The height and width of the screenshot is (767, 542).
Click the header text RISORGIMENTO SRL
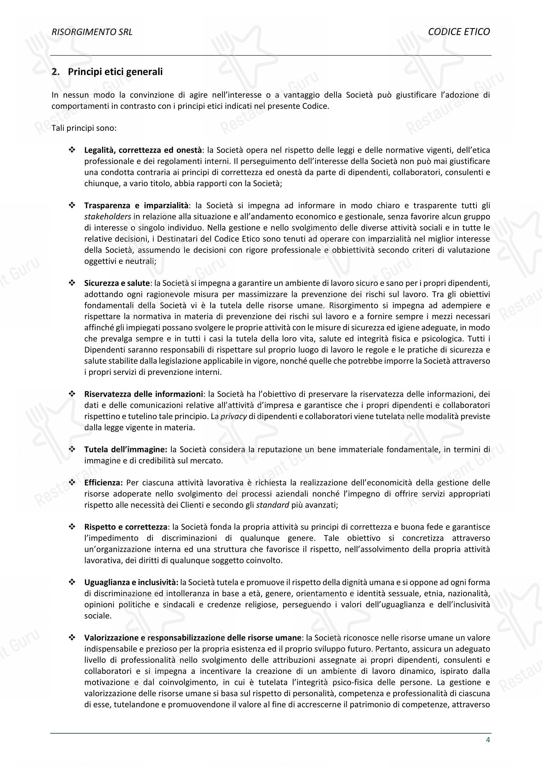tap(92, 32)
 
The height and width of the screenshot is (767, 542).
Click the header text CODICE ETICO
tap(459, 32)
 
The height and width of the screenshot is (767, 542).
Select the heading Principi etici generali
tap(115, 72)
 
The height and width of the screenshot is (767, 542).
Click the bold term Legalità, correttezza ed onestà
tap(143, 150)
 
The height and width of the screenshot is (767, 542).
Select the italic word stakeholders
tap(107, 217)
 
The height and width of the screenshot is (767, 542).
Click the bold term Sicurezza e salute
tap(116, 283)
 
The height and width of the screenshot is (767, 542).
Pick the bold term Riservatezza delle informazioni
tap(144, 394)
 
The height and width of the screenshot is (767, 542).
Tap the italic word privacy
tap(234, 416)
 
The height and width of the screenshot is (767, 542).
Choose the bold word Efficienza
tap(104, 483)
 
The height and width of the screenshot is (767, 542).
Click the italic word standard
tap(272, 505)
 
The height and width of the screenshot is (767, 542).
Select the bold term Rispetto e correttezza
tap(126, 527)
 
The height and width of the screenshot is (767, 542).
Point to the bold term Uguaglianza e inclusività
tap(131, 582)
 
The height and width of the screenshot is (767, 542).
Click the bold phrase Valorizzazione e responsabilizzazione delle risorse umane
tap(193, 638)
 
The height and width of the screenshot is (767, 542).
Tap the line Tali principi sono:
tap(84, 128)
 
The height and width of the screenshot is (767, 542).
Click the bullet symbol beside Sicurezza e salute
tap(71, 283)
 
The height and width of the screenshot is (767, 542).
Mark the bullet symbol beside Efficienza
tap(71, 483)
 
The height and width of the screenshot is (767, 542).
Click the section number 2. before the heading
tap(55, 72)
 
